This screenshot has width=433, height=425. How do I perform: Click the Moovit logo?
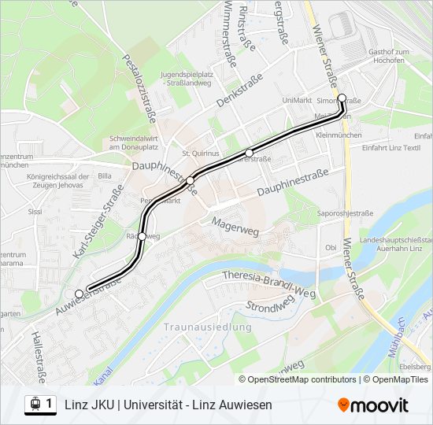click(373, 405)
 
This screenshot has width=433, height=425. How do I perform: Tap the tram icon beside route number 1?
click(35, 405)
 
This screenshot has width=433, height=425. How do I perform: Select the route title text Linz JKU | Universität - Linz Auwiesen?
click(168, 405)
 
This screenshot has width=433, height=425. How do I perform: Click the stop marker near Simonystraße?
click(342, 98)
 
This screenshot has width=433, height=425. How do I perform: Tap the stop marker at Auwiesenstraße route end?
click(79, 294)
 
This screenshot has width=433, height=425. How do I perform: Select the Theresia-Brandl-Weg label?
click(268, 283)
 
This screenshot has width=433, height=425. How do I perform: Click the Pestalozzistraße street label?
click(140, 88)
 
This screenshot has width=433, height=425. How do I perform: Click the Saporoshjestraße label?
click(345, 213)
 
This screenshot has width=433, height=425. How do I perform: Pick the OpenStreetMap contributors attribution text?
click(298, 379)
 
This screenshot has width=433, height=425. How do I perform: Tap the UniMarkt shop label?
click(297, 100)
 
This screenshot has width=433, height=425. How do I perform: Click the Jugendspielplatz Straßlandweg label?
click(187, 78)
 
